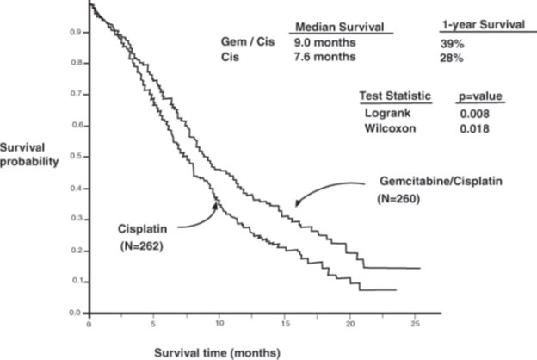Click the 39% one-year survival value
[447, 42]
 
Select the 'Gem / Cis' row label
[241, 42]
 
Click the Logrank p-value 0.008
[475, 114]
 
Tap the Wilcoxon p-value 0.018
[475, 128]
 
